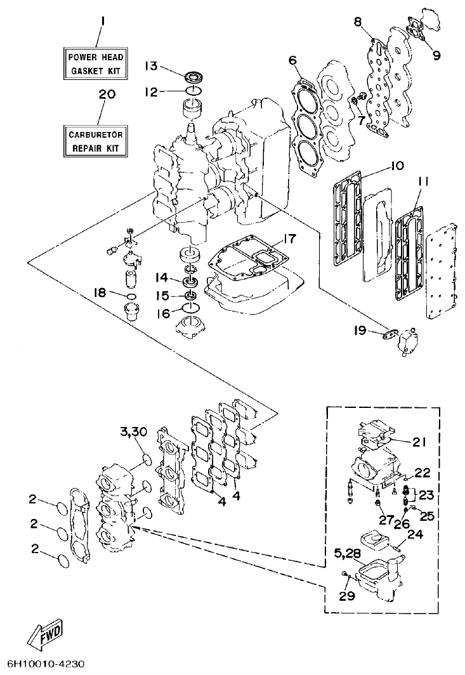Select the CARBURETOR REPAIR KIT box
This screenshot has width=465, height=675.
(x=98, y=141)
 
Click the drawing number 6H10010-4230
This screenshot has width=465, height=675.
(x=43, y=664)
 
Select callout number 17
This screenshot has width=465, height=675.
(x=289, y=239)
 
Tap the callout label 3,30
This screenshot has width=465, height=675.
(x=133, y=432)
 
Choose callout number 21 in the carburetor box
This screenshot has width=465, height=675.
(x=419, y=442)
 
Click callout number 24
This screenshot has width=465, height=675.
(x=414, y=534)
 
